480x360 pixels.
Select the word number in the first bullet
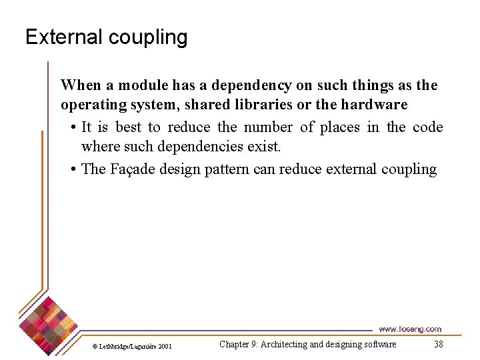(268, 127)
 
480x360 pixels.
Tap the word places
(338, 127)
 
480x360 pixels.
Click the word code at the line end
(428, 127)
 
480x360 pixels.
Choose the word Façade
(131, 169)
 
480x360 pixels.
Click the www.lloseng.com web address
(409, 329)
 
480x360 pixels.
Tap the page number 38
(438, 344)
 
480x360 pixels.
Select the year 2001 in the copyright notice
(165, 346)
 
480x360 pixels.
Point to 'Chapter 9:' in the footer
(239, 344)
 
